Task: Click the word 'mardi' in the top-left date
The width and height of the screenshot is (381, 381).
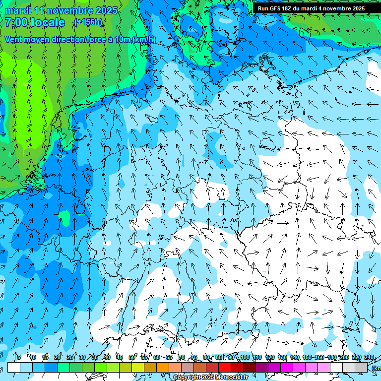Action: pos(17,10)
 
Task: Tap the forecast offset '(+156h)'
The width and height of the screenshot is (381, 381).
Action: pos(88,22)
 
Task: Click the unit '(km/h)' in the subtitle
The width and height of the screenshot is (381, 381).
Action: pos(144,40)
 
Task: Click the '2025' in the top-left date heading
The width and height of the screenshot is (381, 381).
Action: pos(107,10)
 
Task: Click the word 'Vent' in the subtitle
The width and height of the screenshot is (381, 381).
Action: pos(15,40)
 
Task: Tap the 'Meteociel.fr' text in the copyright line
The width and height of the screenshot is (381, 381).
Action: pos(229,378)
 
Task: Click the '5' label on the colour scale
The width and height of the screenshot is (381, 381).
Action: pos(18,357)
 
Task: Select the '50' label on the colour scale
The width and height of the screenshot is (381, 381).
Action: pos(131,357)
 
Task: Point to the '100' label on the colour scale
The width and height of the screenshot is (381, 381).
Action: pos(245,357)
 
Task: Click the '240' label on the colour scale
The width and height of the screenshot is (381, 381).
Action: pos(369,357)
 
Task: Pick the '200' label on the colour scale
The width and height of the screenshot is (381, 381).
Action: pos(344,357)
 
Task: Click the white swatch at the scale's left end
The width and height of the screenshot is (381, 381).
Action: pos(14,367)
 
